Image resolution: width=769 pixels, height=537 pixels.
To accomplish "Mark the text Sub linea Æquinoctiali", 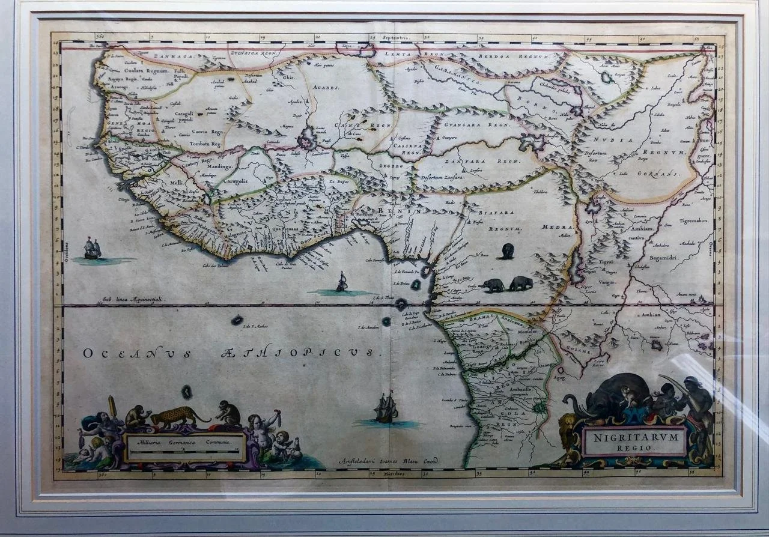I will [133, 299].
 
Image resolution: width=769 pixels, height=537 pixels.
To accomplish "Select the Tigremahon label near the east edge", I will [694, 221].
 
